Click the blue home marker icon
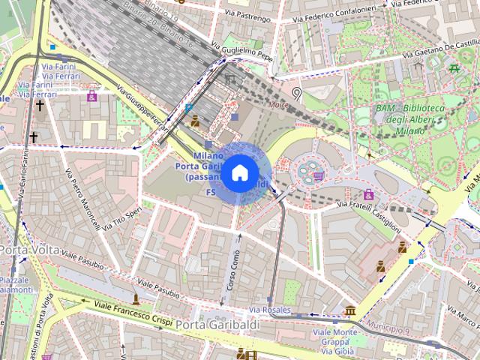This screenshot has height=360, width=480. click(x=239, y=173)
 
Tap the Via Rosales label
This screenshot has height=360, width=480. click(x=269, y=309)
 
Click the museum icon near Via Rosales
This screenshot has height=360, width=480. click(x=349, y=310)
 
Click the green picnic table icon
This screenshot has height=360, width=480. click(x=454, y=69)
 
